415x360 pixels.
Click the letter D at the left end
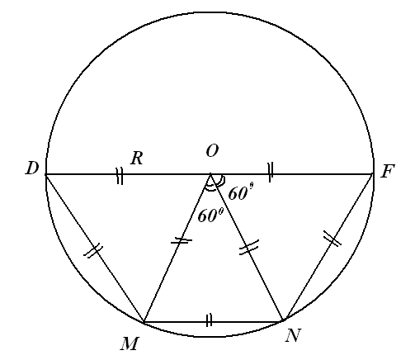click(x=32, y=168)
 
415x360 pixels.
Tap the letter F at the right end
click(x=388, y=171)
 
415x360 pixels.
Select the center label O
click(x=212, y=151)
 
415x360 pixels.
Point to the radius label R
click(x=137, y=159)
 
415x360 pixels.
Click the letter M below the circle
click(x=129, y=343)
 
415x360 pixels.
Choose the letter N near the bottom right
click(x=293, y=335)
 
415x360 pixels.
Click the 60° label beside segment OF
click(x=241, y=192)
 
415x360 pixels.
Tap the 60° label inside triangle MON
click(x=210, y=215)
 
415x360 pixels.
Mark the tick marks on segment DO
click(x=120, y=176)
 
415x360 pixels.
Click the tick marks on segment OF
click(x=271, y=173)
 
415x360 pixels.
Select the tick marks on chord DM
click(x=93, y=251)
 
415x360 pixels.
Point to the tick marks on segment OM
click(x=182, y=241)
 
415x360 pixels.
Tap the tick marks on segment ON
click(x=249, y=247)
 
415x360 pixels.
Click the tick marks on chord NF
click(x=332, y=239)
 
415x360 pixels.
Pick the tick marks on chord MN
click(x=209, y=320)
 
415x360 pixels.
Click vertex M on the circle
click(x=144, y=321)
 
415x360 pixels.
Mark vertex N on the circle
click(x=283, y=320)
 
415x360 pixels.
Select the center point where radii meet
click(x=210, y=174)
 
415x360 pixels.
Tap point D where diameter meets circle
click(x=46, y=174)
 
